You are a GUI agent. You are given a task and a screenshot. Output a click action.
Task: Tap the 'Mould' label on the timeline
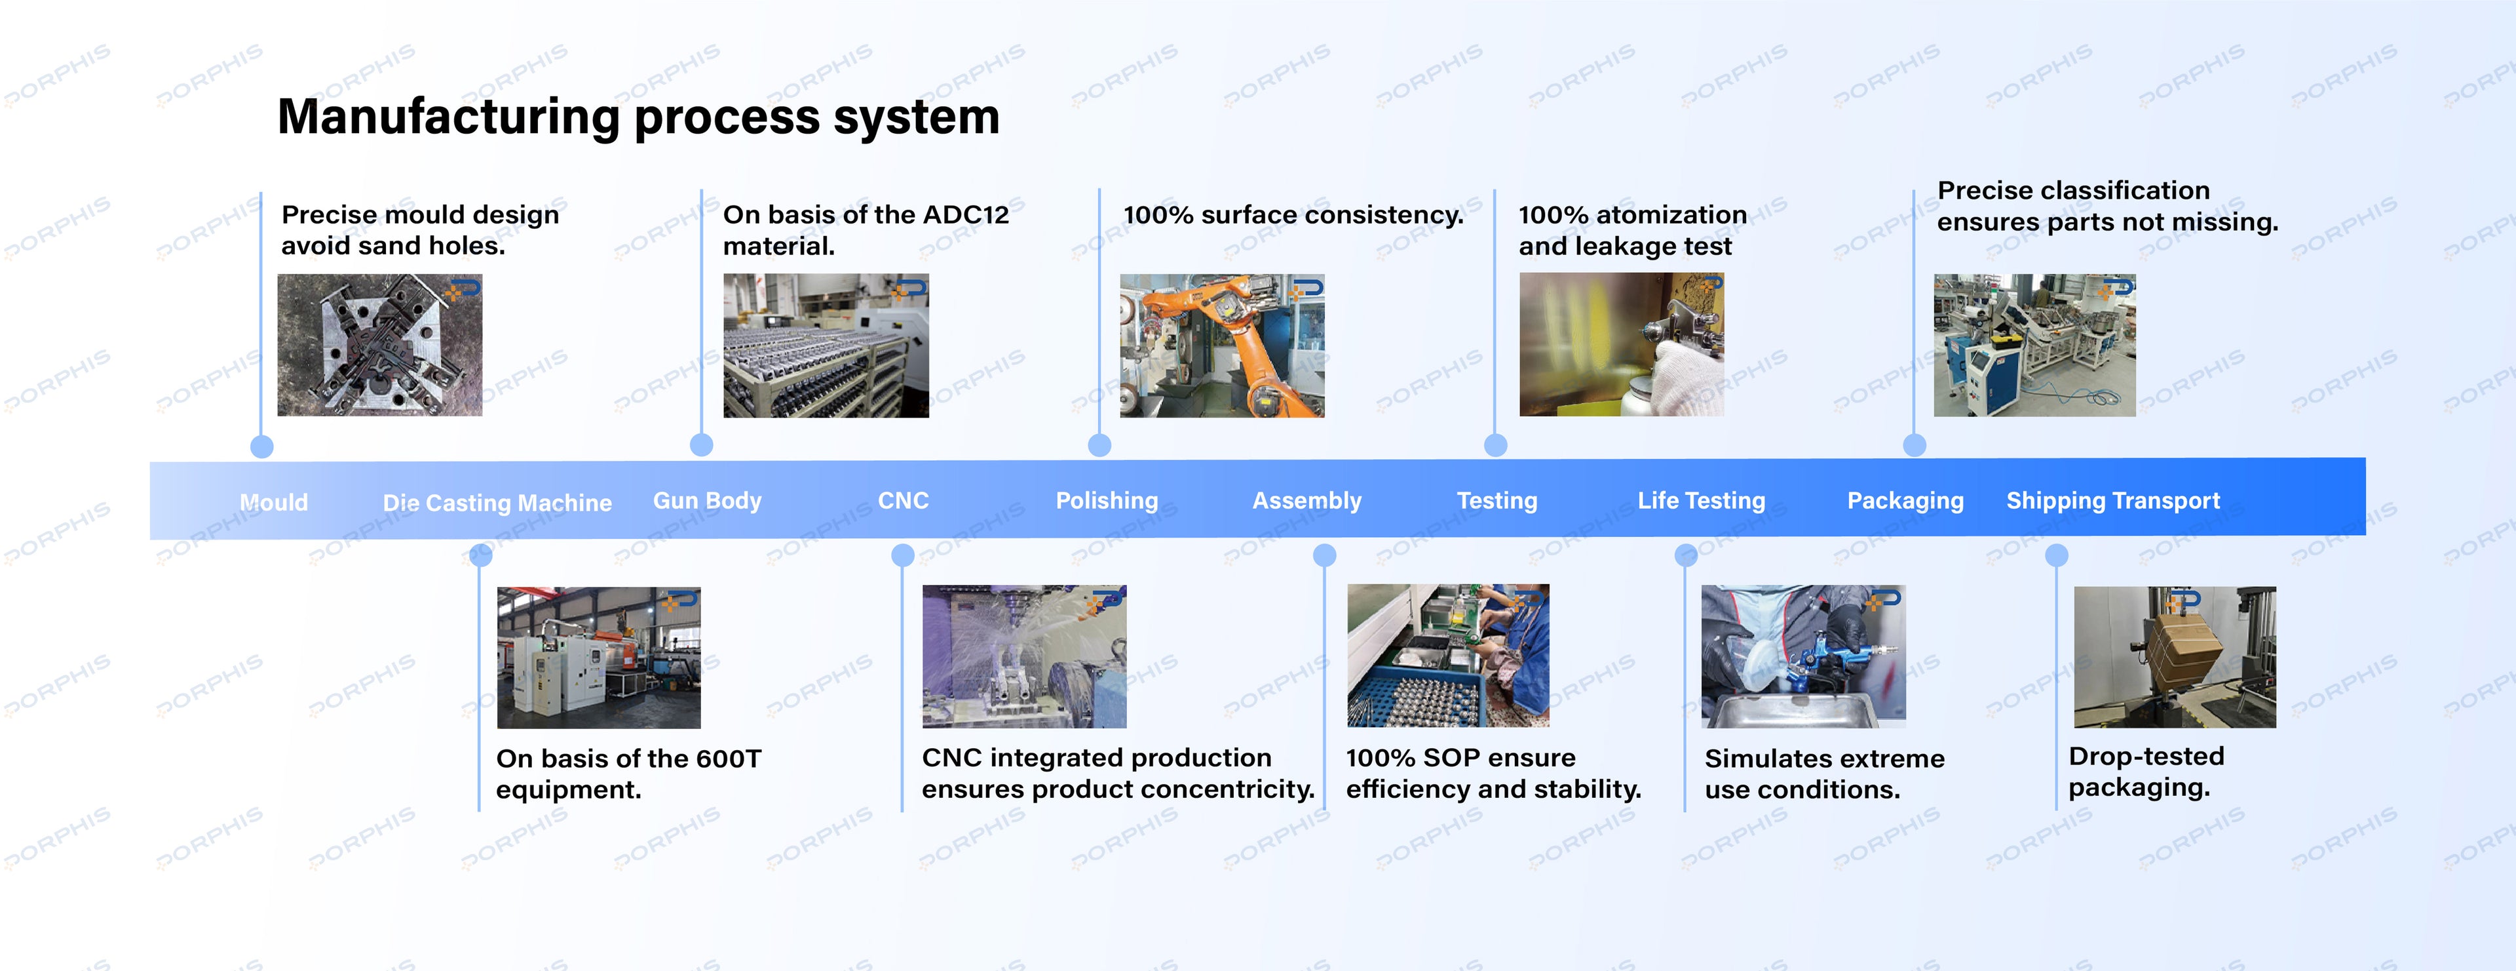273,503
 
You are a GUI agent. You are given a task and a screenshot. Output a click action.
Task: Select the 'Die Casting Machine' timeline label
497,503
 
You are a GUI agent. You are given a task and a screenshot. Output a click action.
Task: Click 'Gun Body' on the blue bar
707,501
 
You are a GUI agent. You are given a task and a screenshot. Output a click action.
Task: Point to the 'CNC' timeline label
904,501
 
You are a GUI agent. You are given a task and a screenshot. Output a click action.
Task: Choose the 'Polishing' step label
1107,501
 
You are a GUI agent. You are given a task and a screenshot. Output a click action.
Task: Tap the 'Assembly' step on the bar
1307,501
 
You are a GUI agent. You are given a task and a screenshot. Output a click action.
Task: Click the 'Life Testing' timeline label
1702,501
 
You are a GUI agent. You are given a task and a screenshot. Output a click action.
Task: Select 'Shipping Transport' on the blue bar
2112,501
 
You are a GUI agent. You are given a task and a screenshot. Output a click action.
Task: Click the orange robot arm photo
1222,346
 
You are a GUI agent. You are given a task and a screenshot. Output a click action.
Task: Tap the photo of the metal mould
380,345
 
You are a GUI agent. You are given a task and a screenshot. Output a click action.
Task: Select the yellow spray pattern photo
1622,345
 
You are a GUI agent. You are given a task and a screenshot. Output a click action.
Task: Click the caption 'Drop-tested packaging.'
2146,772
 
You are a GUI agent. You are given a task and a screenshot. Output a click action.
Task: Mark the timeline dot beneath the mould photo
262,446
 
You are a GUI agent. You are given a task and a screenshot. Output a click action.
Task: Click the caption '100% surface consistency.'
1293,215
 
